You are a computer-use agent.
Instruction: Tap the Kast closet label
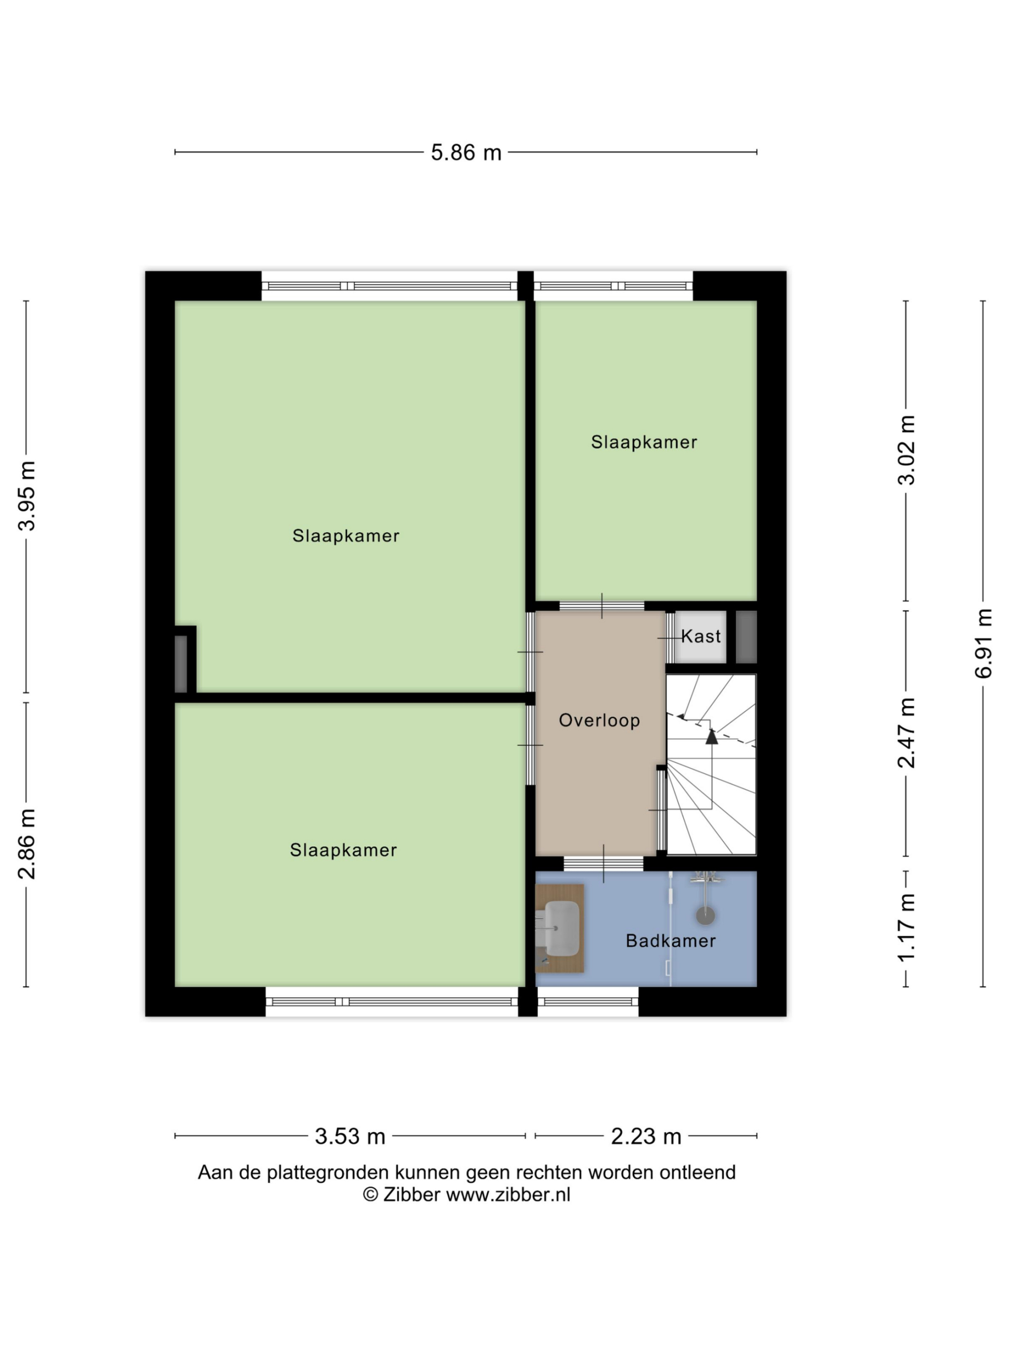coord(701,636)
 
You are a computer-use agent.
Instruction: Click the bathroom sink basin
coord(561,928)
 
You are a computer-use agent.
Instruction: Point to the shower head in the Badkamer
coord(705,915)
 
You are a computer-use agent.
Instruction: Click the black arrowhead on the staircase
coord(712,737)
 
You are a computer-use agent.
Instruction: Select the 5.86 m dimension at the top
coord(466,152)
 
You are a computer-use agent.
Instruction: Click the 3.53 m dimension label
coord(349,1136)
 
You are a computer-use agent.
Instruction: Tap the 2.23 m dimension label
coord(646,1136)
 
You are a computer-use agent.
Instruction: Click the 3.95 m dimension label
coord(26,496)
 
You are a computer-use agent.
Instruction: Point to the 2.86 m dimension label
coord(26,844)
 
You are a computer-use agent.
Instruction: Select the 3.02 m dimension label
coord(906,450)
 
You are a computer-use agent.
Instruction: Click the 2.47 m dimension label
coord(906,733)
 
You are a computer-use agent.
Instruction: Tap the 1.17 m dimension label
coord(906,927)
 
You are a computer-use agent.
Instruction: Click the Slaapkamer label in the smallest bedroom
coord(644,442)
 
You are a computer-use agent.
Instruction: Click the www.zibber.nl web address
coord(509,1195)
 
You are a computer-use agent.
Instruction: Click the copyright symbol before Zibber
coord(370,1195)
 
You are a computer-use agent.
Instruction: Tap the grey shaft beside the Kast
coord(746,637)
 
